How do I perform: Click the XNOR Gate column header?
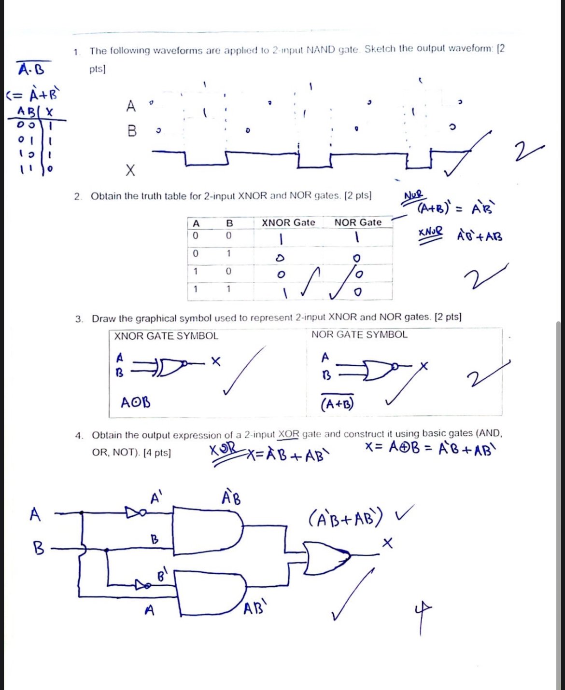[288, 222]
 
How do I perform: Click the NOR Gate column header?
[358, 222]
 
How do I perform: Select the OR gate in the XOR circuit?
[325, 558]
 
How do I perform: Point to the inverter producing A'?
[134, 512]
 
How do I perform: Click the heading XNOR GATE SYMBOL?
[166, 336]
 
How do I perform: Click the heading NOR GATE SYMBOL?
[359, 335]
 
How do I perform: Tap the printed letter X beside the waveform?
[130, 170]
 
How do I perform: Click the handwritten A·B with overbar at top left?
[31, 69]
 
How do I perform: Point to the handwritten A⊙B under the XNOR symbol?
[136, 402]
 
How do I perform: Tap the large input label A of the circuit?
[35, 515]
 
